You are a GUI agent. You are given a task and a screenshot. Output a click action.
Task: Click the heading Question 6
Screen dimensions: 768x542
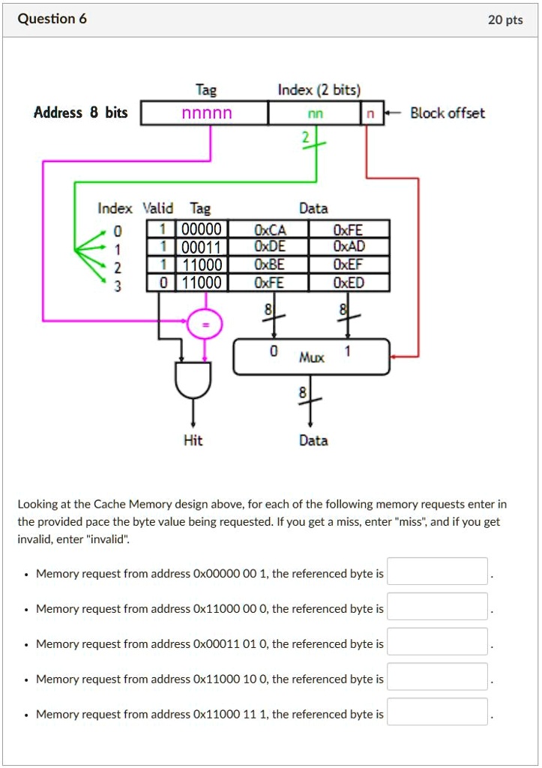[52, 19]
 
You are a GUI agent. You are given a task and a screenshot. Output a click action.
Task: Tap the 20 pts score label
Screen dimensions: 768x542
[505, 20]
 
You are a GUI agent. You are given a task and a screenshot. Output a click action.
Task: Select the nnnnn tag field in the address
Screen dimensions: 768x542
[206, 113]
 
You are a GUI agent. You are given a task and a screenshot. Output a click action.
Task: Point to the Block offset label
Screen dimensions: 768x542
[447, 113]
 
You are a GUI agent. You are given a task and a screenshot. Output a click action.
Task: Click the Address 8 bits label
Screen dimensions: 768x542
[81, 113]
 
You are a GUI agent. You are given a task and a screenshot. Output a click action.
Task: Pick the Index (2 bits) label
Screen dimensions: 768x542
[319, 91]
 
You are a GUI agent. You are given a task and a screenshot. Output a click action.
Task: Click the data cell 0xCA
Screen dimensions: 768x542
[270, 229]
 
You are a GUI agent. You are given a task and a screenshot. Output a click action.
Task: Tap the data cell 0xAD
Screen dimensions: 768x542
[349, 247]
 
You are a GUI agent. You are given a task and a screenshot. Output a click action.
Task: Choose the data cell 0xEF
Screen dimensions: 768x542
[349, 264]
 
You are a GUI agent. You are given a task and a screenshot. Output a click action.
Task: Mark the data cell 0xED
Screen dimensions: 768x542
[349, 282]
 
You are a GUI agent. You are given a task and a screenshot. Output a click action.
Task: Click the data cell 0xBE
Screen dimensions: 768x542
[270, 264]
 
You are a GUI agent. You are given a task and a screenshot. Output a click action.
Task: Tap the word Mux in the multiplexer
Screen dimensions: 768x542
[311, 358]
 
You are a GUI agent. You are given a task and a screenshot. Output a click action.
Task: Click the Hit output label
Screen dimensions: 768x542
[193, 440]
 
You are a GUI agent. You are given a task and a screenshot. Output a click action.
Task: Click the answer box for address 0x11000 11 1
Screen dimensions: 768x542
[437, 712]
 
